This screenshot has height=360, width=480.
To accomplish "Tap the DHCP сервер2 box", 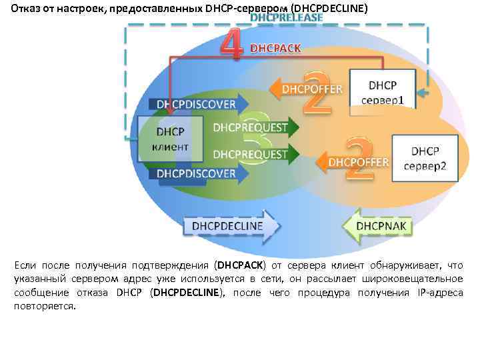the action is point(425,158).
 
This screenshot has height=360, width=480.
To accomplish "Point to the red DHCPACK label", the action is point(275,48).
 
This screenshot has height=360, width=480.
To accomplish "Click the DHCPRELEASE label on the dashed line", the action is point(286,17).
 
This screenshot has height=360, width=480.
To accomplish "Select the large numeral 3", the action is point(256,139).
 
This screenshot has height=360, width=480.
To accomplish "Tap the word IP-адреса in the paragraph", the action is point(439,292).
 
